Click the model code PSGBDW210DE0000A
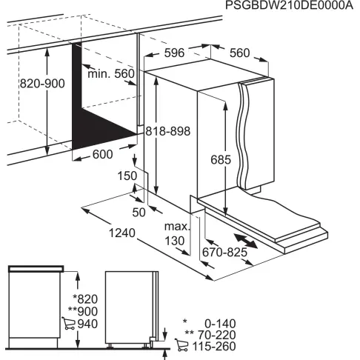click(288, 7)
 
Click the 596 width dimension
click(175, 53)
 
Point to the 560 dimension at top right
click(239, 53)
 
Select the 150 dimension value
click(127, 176)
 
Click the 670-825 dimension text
click(224, 253)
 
